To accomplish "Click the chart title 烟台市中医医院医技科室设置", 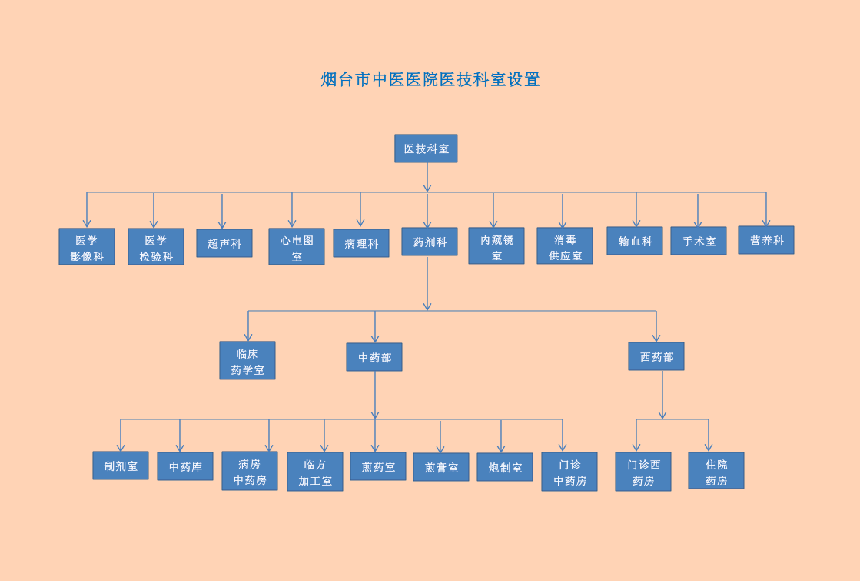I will [x=430, y=79].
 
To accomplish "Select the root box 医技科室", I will [x=426, y=149].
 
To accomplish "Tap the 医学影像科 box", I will [x=87, y=247].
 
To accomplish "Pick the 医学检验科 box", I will [x=156, y=247].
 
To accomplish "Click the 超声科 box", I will [x=224, y=243].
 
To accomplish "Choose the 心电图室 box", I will [x=297, y=247].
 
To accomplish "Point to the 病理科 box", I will [x=361, y=243].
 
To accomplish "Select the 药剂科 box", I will [x=430, y=242].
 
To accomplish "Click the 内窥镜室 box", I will [x=496, y=246].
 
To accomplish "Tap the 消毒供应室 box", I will [x=565, y=246].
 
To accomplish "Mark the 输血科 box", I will [x=635, y=241].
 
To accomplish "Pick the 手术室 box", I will [x=699, y=241].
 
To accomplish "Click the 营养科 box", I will [x=766, y=240].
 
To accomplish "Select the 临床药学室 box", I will [x=247, y=361].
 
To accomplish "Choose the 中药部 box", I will [x=374, y=357].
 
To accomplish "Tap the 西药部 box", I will [x=656, y=356].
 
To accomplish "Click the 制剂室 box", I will [x=121, y=466].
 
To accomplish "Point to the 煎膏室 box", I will [x=441, y=467].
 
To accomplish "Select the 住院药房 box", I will [x=716, y=471].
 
